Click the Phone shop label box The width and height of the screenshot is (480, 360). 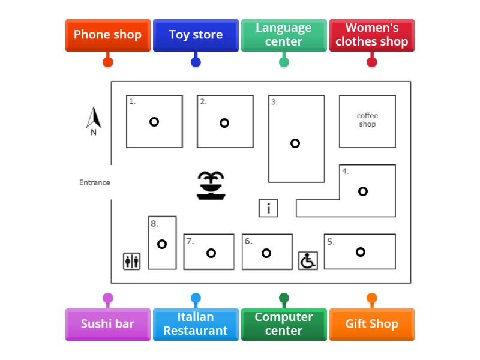(x=107, y=35)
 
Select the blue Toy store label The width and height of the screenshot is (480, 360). (x=196, y=35)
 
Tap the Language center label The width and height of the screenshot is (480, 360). (x=284, y=35)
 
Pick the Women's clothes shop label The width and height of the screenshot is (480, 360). (x=372, y=35)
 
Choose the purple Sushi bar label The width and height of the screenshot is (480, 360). (x=107, y=324)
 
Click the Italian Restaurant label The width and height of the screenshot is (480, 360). (x=196, y=324)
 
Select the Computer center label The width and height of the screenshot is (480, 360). (x=284, y=324)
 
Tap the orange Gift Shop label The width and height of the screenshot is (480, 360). (x=372, y=324)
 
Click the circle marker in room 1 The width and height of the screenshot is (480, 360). (x=154, y=122)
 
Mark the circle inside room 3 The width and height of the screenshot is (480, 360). (x=295, y=143)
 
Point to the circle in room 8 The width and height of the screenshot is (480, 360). (x=162, y=244)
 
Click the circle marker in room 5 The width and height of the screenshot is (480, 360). (x=361, y=252)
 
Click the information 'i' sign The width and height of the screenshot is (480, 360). (x=268, y=208)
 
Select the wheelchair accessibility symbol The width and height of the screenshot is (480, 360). (x=308, y=261)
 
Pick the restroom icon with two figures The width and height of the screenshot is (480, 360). (x=132, y=262)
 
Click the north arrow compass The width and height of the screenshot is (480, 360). (x=94, y=120)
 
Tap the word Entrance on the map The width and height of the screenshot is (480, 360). (x=95, y=182)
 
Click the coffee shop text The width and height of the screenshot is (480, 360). (x=367, y=120)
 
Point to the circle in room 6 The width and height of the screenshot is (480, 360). (x=266, y=253)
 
